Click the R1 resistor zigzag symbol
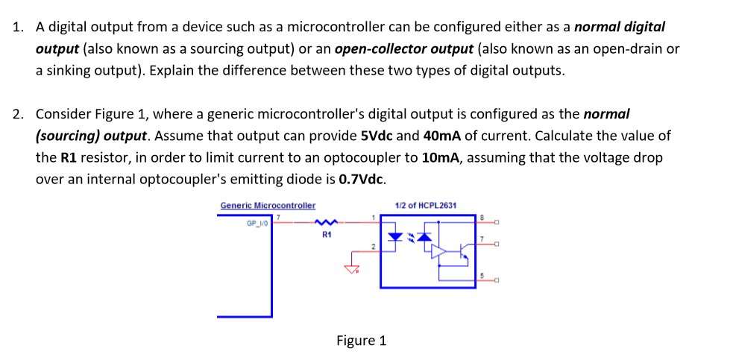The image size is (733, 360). click(327, 221)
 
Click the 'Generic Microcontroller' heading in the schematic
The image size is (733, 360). click(268, 205)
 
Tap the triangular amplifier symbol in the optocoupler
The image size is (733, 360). click(439, 252)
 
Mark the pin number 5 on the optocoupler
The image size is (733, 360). click(482, 276)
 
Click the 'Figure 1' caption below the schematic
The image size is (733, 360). click(361, 341)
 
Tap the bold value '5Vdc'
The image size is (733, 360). click(377, 136)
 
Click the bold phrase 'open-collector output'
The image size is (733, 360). click(403, 49)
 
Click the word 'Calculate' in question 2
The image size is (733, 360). click(563, 136)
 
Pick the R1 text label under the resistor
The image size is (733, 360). click(327, 236)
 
